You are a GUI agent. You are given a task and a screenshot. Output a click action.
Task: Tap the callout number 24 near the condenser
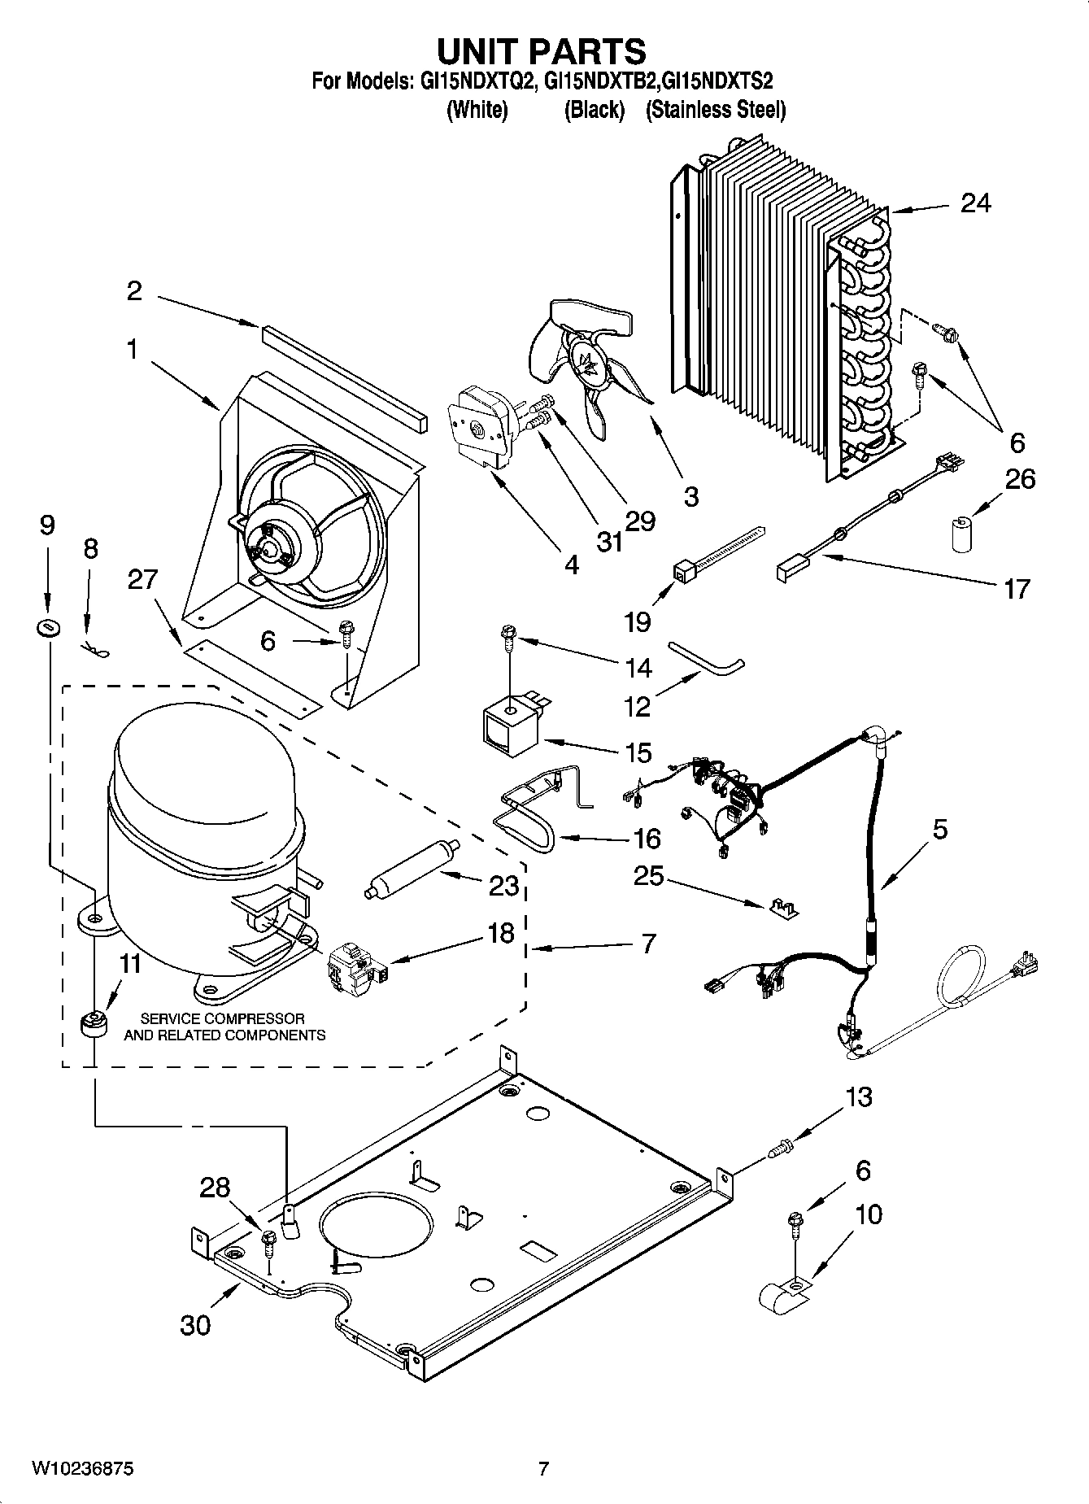pyautogui.click(x=975, y=203)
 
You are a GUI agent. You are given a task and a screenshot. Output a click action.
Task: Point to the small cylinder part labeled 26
pyautogui.click(x=963, y=533)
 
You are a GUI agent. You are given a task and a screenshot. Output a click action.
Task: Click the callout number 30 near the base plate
pyautogui.click(x=195, y=1324)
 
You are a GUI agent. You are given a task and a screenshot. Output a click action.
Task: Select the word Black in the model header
pyautogui.click(x=595, y=110)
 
